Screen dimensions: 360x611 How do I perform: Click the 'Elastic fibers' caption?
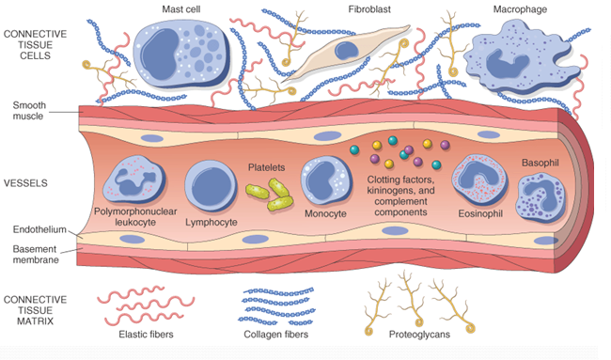(149, 333)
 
